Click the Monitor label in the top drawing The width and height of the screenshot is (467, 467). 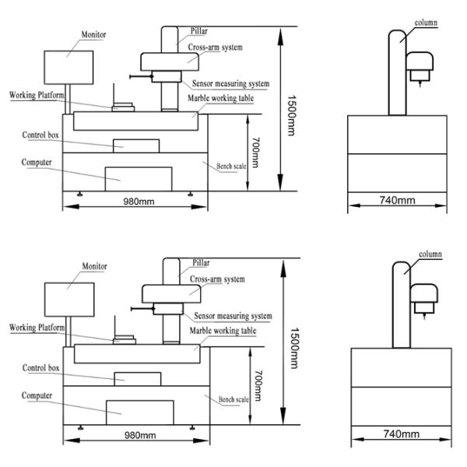(93, 34)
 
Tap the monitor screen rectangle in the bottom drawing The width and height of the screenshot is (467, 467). (69, 300)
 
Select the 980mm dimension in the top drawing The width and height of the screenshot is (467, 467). (139, 202)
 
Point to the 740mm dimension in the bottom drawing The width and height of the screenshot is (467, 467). (401, 434)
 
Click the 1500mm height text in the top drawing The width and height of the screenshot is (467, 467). (292, 115)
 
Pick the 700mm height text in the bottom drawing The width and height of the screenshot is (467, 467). (258, 385)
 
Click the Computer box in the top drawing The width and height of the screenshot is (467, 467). (139, 179)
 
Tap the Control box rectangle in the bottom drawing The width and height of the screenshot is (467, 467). (138, 379)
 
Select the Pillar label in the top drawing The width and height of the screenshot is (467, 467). (199, 31)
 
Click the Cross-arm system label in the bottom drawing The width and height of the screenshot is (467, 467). (217, 279)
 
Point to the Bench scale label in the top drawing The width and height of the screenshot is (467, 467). (231, 167)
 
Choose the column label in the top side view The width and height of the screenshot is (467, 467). (426, 23)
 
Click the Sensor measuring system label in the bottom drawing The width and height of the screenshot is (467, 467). (233, 316)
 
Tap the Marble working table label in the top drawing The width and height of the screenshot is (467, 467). (221, 98)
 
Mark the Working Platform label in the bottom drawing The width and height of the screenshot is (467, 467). (37, 328)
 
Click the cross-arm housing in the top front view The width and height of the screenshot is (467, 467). (170, 62)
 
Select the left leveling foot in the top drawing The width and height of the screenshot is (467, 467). (80, 194)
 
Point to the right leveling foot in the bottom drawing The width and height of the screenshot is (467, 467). (192, 427)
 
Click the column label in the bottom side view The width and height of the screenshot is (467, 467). (430, 255)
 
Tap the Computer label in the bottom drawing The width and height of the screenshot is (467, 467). (37, 396)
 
